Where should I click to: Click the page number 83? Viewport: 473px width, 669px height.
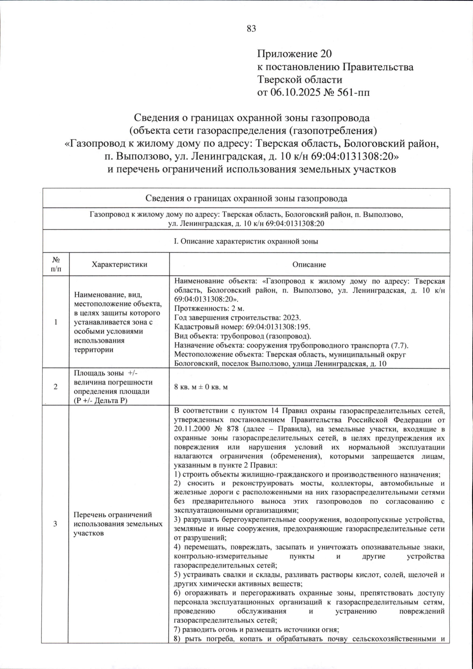coord(251,28)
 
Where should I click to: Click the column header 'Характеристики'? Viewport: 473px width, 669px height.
coord(119,264)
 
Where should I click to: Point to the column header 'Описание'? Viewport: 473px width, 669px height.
coord(309,264)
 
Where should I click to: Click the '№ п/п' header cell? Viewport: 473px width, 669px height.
coord(56,264)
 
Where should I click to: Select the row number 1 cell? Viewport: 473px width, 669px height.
coord(56,322)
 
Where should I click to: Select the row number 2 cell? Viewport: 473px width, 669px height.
coord(56,387)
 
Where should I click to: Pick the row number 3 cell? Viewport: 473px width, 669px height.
coord(56,524)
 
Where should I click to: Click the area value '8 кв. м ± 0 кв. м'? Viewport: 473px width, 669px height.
coord(201,387)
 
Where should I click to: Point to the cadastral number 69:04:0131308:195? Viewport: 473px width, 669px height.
coord(276,327)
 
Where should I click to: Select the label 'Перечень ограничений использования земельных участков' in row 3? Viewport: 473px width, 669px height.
coord(118,524)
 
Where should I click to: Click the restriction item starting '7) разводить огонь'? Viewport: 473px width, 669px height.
coord(257,630)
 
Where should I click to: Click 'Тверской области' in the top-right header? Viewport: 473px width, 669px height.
coord(300,79)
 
